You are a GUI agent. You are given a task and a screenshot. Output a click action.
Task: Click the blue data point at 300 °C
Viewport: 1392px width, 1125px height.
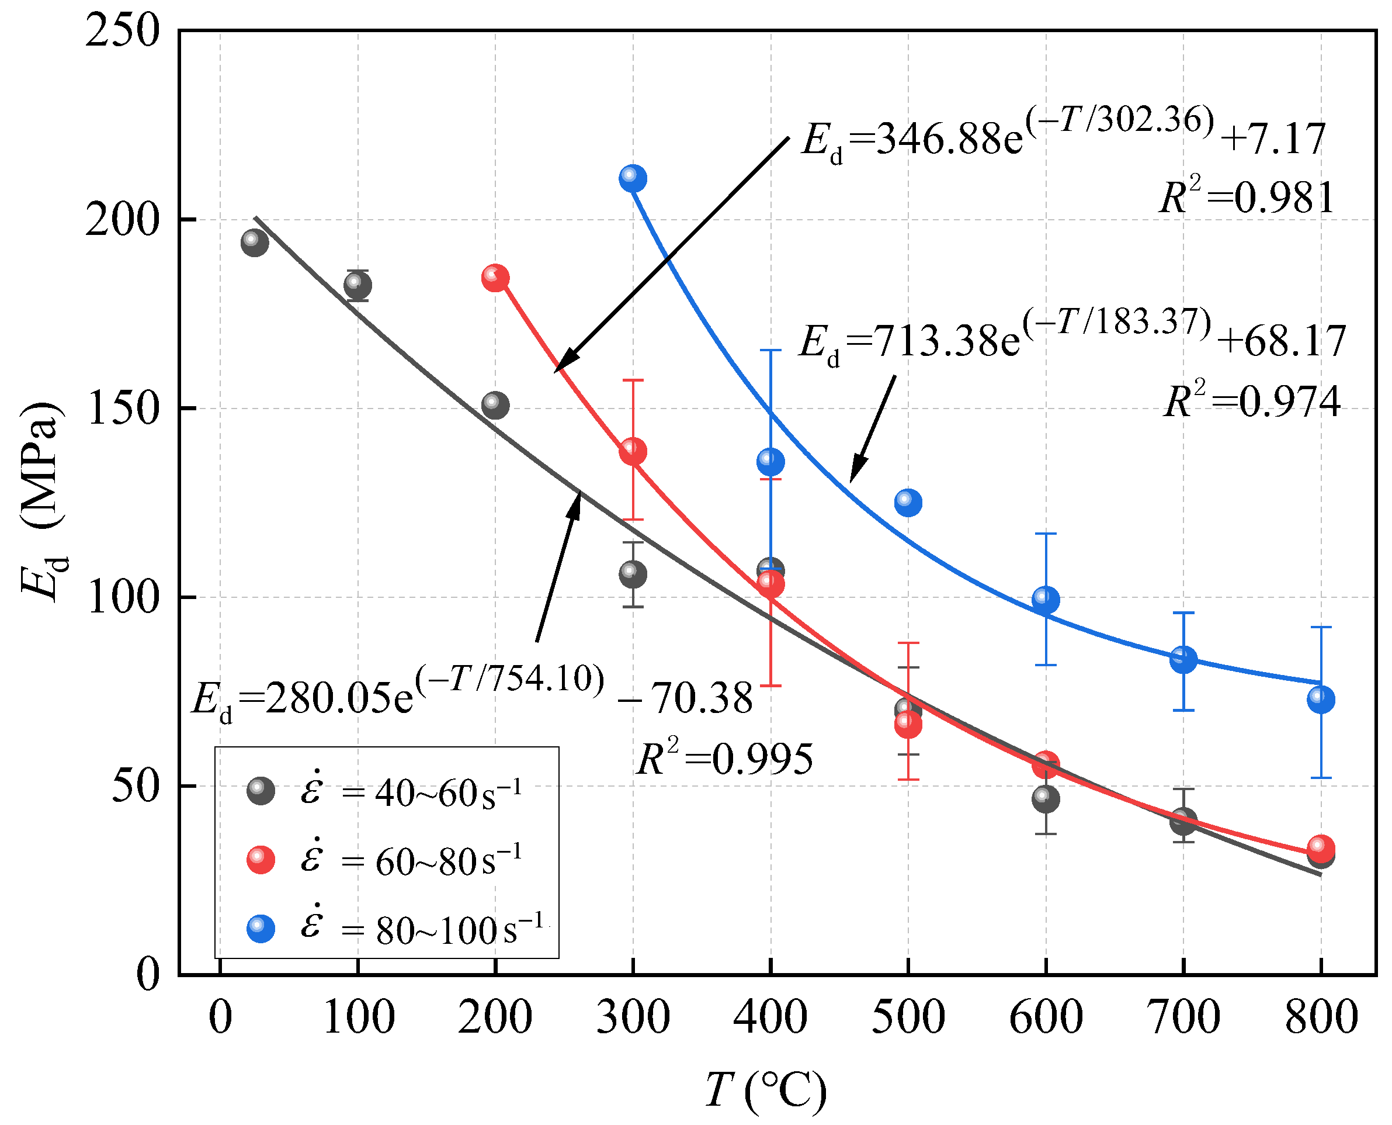633,178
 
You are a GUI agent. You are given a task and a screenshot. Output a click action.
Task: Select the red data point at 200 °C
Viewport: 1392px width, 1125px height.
495,278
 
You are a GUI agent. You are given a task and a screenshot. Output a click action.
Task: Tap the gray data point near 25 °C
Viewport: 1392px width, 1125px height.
255,243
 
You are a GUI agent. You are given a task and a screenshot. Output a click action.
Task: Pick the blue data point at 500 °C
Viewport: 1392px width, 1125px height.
908,502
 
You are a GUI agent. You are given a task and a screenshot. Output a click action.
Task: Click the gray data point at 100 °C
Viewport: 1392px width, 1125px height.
357,285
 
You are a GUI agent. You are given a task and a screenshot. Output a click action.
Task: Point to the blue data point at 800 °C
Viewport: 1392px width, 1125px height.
1321,699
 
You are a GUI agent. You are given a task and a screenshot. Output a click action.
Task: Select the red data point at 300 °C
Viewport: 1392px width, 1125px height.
633,451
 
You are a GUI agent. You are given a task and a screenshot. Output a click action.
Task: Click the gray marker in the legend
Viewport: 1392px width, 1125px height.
261,791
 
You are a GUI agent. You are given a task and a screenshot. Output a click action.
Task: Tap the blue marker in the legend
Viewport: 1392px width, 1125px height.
261,929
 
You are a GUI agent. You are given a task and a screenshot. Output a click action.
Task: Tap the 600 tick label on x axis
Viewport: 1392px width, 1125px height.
1046,1017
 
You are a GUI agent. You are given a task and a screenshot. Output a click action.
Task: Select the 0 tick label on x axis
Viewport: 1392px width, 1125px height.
220,1017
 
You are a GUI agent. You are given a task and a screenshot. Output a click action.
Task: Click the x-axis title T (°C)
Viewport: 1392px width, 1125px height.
766,1090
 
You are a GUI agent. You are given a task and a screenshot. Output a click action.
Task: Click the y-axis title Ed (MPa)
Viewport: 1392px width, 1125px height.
43,502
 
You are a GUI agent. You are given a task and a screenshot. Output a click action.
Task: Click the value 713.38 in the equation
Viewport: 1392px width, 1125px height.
946,341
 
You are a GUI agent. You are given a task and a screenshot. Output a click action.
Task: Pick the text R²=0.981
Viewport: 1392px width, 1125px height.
1247,198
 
